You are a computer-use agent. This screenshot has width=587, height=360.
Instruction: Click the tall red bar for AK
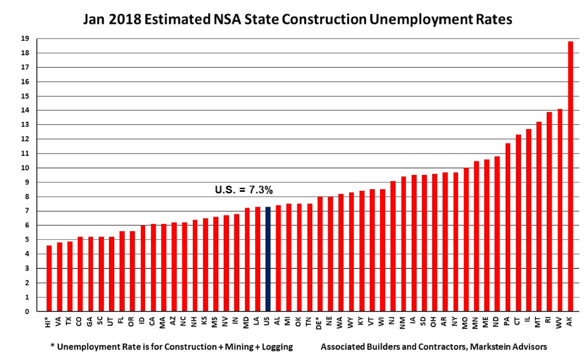[570, 176]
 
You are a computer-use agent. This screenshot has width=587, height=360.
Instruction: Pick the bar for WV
[560, 210]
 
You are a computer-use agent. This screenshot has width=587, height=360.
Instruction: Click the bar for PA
[508, 227]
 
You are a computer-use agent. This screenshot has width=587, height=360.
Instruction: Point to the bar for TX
[70, 276]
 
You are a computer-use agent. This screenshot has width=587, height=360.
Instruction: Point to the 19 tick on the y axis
[36, 39]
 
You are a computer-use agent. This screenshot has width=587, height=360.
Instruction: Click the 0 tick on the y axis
[38, 312]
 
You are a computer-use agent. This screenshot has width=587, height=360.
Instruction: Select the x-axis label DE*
[320, 323]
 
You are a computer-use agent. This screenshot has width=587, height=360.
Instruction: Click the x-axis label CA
[153, 321]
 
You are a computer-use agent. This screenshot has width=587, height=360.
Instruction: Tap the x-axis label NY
[455, 321]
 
